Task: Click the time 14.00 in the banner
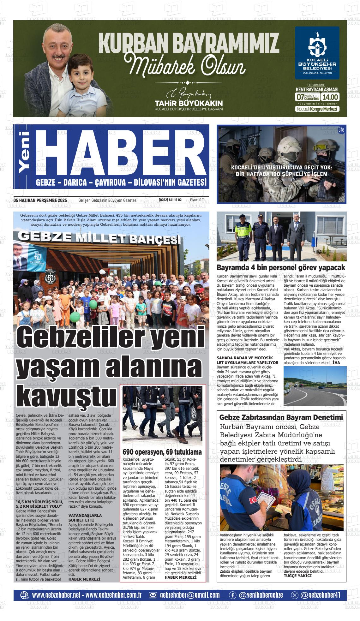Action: tap(330, 97)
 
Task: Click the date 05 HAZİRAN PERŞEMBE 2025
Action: tap(40, 200)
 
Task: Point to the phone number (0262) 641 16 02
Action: tap(172, 200)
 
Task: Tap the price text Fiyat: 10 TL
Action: tap(198, 200)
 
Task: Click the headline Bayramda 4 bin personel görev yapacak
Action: tap(281, 268)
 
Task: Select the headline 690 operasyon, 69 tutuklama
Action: tap(162, 452)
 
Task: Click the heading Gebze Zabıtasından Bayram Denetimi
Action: tap(281, 417)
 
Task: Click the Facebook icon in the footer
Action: tap(232, 595)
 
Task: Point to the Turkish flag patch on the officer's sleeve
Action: tap(253, 500)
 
